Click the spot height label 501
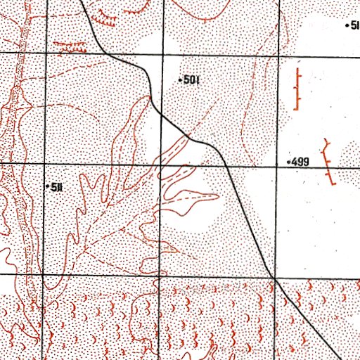pos(192,80)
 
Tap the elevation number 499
pos(300,162)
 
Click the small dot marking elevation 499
pos(288,162)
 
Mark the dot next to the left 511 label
pos(48,186)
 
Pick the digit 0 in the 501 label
pos(192,80)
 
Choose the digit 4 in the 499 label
pos(295,162)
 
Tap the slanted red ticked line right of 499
pos(329,162)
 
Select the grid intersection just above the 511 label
pos(45,165)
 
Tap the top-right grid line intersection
pos(277,53)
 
